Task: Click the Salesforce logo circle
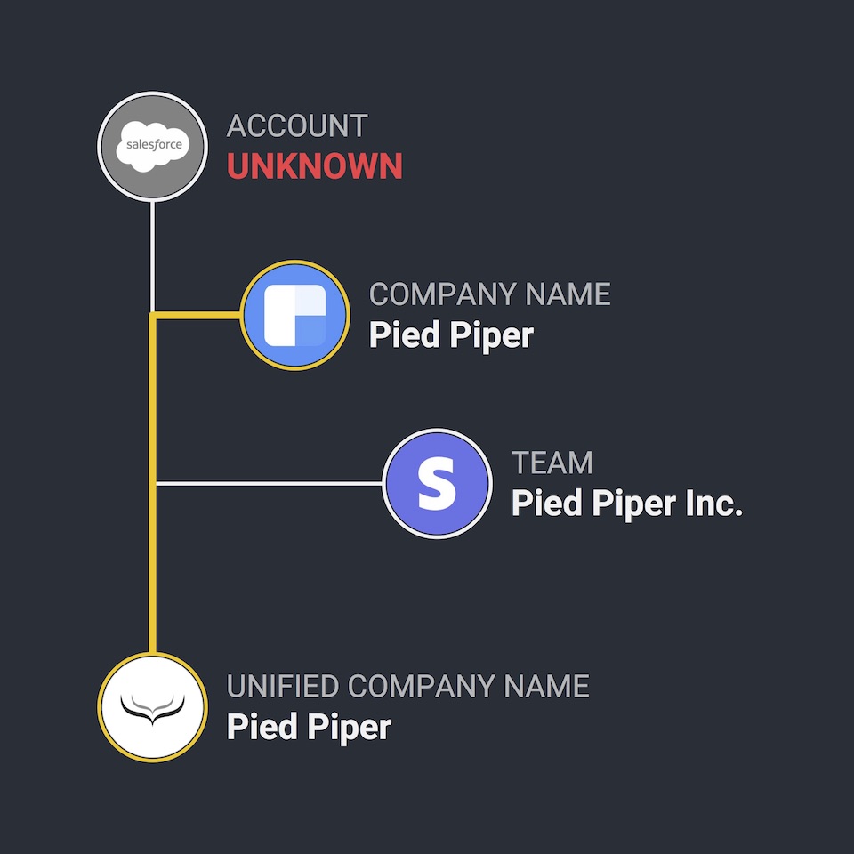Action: (152, 147)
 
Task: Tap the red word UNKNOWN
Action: (314, 166)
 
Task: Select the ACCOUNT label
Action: (296, 126)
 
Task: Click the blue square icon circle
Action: (294, 315)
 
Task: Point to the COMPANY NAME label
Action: (489, 294)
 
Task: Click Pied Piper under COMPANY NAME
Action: (451, 335)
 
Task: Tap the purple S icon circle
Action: (437, 484)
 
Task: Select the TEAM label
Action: (552, 463)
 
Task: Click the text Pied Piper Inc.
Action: (626, 504)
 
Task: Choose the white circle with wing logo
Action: (152, 707)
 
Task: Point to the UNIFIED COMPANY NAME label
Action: (407, 687)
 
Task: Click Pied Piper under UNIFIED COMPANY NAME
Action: (309, 727)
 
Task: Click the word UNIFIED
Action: (282, 687)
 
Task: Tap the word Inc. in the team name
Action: (713, 504)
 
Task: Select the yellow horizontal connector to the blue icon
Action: (197, 315)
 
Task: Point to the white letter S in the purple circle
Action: (437, 484)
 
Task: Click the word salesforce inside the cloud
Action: (152, 144)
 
